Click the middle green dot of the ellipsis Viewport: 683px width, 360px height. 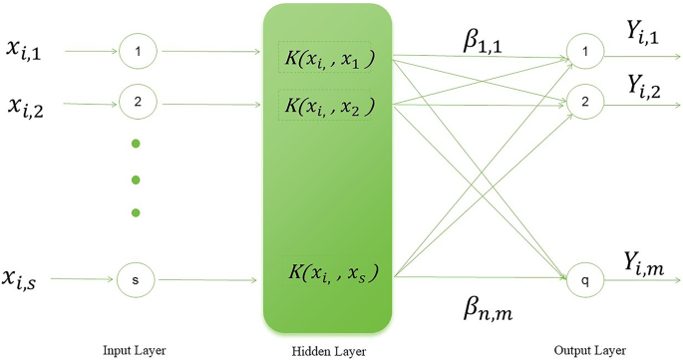[x=136, y=180]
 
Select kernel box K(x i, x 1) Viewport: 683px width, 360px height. [x=325, y=58]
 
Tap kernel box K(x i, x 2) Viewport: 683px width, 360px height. [x=325, y=104]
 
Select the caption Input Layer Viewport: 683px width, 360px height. [x=134, y=350]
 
